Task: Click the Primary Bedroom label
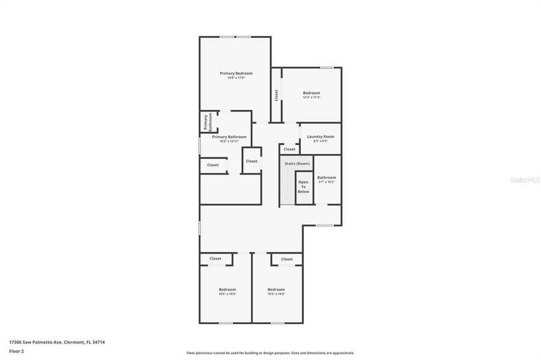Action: point(235,73)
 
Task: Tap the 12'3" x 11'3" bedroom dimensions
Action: point(311,97)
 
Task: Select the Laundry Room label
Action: point(320,137)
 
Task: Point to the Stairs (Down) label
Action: point(297,164)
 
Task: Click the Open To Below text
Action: point(304,187)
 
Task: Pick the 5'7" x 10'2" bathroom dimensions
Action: point(327,182)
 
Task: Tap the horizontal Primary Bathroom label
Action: point(229,137)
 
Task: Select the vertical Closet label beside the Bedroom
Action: point(276,95)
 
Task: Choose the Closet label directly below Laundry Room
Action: point(289,149)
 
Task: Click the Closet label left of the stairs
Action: point(252,161)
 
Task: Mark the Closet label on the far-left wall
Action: point(213,165)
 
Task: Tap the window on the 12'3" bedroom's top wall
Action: point(327,67)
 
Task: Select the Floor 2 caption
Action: point(17,351)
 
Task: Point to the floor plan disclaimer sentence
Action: point(270,353)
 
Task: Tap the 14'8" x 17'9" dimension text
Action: point(235,78)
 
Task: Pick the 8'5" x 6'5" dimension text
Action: point(320,142)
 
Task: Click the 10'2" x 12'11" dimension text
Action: point(229,142)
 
